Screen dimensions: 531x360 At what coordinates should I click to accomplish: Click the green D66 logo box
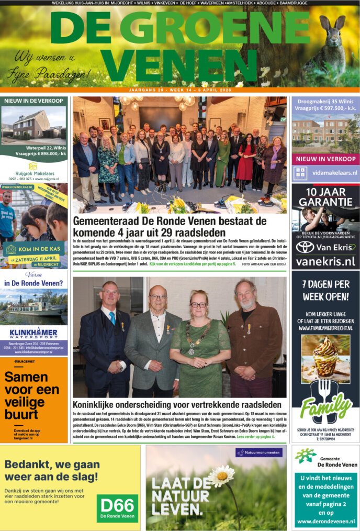coord(118,506)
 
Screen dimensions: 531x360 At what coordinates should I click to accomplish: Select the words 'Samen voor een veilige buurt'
coord(32,391)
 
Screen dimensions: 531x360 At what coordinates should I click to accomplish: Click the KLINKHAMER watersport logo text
coord(33,331)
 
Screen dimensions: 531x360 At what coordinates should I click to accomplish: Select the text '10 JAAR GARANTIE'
coord(325,196)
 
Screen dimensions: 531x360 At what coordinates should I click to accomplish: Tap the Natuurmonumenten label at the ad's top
coord(259,452)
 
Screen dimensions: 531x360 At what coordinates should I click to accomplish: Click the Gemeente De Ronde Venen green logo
coord(305,456)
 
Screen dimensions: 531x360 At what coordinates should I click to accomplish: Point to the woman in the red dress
coord(245,162)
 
